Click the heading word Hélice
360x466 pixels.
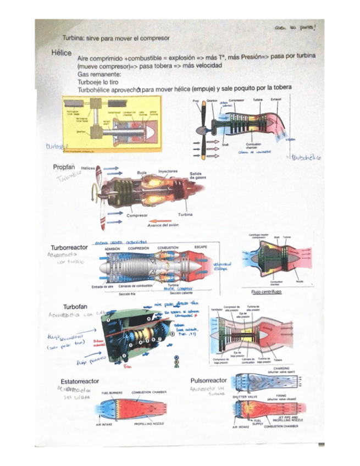61,54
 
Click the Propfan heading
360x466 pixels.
64,167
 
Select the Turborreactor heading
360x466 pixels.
69,248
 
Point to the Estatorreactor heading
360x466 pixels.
79,381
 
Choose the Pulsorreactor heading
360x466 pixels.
208,380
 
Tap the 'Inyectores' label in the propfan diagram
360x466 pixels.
168,171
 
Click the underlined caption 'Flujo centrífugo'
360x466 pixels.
266,292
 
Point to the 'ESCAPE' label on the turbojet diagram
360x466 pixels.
201,248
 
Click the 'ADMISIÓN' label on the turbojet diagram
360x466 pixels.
112,248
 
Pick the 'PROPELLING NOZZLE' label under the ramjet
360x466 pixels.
150,424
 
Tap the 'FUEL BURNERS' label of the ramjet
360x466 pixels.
112,392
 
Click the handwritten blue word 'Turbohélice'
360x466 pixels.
307,157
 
